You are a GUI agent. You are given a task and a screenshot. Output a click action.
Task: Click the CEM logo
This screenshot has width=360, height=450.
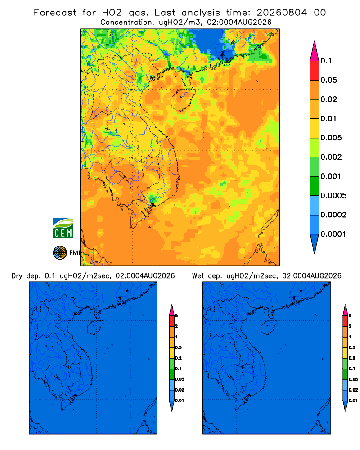click(63, 229)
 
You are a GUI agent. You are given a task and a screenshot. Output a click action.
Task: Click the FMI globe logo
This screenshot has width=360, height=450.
click(60, 253)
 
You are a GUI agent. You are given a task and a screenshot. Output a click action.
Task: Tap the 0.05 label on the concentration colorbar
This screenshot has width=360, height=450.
click(328, 80)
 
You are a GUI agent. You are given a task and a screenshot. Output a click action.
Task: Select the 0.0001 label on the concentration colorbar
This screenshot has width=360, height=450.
click(333, 234)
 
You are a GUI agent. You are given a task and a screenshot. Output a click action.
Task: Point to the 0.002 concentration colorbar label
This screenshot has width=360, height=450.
click(331, 157)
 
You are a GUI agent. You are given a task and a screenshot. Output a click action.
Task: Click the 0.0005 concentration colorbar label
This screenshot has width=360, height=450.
click(333, 195)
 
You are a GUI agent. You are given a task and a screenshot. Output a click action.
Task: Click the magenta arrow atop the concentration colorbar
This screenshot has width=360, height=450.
click(315, 51)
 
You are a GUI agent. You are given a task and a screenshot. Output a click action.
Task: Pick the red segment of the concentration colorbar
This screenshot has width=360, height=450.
click(315, 71)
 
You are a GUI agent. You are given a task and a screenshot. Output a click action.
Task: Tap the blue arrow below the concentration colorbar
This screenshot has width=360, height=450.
click(315, 244)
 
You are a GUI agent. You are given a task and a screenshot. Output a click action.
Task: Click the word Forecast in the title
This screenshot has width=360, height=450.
click(55, 13)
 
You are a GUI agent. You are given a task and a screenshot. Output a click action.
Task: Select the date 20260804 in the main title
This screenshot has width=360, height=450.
click(282, 13)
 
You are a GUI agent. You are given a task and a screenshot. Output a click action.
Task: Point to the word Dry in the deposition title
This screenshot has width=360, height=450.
click(17, 276)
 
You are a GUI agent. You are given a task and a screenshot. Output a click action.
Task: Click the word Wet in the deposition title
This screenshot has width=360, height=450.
click(198, 276)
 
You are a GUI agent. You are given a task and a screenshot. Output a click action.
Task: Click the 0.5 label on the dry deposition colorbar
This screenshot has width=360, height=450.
click(178, 347)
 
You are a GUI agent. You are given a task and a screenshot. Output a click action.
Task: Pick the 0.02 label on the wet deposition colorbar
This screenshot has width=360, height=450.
click(353, 390)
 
